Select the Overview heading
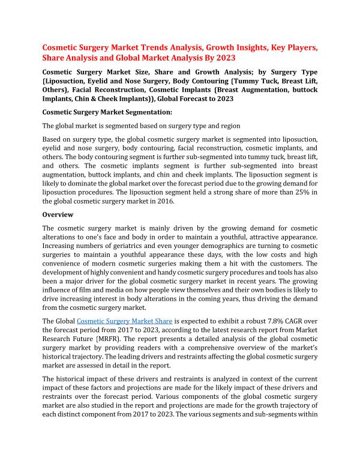58,214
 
